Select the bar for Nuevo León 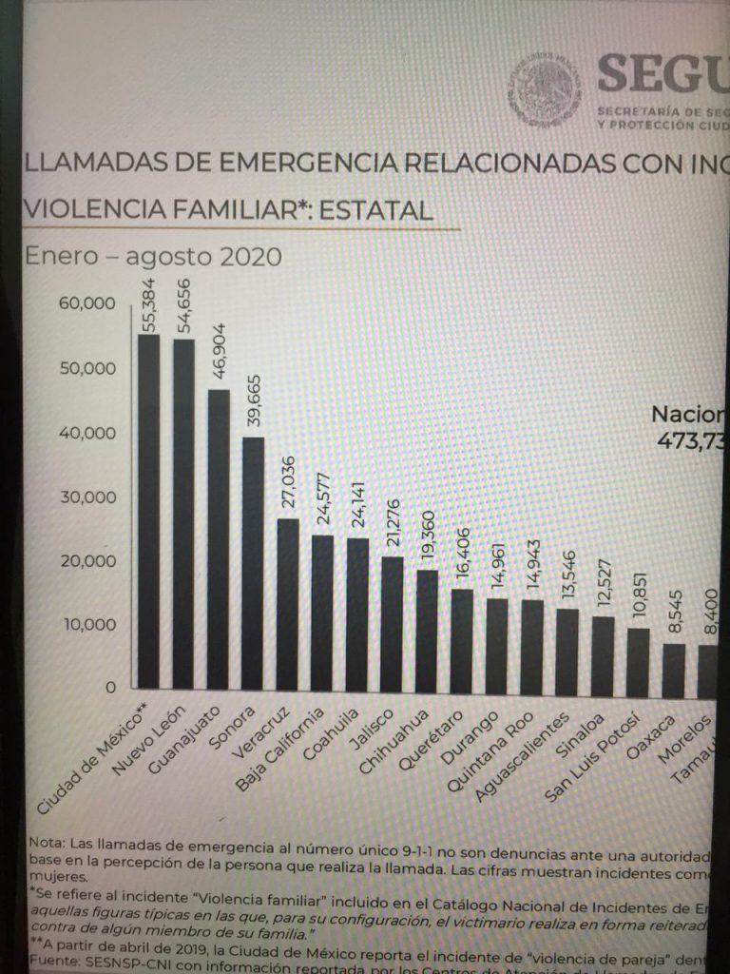tap(183, 514)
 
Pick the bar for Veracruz tap(288, 603)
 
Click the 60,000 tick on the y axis tap(86, 303)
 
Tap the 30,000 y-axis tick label tap(86, 497)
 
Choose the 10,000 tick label tap(86, 625)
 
